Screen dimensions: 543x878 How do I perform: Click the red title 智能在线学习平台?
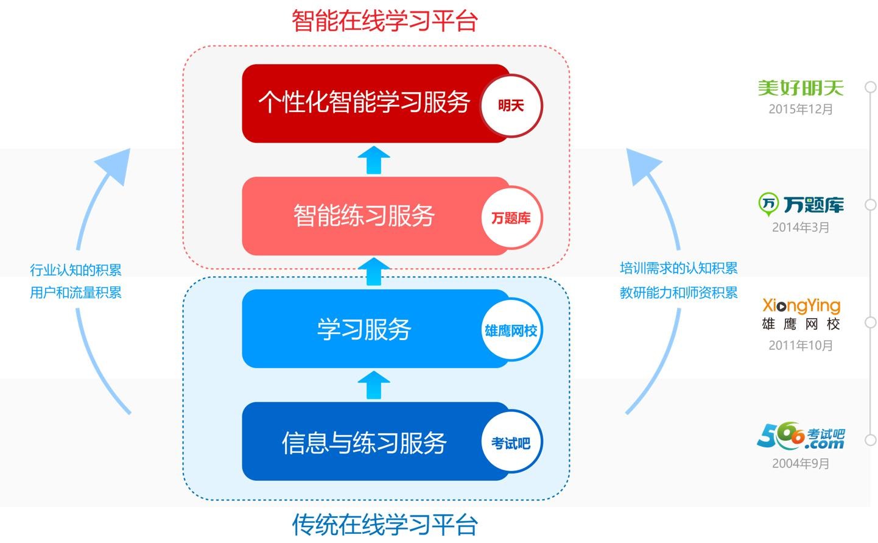click(384, 21)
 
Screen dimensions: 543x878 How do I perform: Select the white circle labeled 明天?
click(511, 105)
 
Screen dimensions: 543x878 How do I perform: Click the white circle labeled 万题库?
click(511, 218)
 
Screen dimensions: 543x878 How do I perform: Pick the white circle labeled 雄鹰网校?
click(511, 330)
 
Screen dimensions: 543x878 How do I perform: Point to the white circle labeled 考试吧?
click(511, 443)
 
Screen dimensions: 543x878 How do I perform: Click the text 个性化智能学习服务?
click(364, 102)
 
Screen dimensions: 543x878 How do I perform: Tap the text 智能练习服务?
click(364, 216)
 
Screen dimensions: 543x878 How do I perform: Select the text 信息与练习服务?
click(364, 443)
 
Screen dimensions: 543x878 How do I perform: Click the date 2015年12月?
click(801, 109)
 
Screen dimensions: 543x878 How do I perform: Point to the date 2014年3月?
click(801, 227)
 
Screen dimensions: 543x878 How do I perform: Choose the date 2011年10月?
click(801, 346)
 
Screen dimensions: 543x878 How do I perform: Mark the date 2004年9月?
click(801, 464)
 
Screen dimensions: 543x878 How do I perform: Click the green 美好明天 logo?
click(801, 88)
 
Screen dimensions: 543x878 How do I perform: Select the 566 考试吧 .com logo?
click(801, 437)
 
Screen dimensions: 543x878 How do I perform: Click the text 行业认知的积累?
click(76, 270)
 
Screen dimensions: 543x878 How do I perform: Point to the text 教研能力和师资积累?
click(679, 293)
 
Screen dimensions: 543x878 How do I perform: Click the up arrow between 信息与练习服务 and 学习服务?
click(373, 385)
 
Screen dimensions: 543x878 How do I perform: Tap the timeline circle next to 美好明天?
click(871, 87)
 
